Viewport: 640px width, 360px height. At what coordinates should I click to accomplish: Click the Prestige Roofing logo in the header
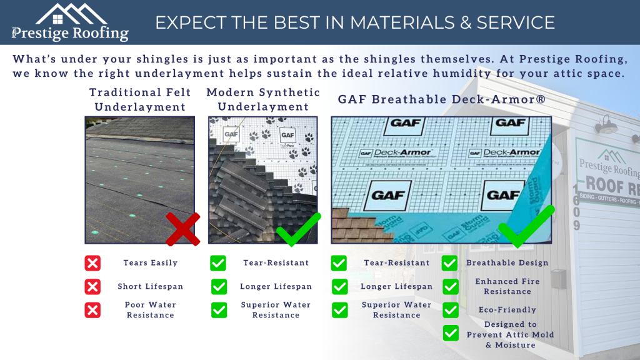(70, 22)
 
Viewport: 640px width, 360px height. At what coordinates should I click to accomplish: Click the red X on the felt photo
(183, 229)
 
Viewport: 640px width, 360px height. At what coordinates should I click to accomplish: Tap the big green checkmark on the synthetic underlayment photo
(298, 229)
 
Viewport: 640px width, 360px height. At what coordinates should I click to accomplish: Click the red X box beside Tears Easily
(92, 263)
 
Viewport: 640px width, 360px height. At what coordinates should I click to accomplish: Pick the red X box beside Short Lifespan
(92, 287)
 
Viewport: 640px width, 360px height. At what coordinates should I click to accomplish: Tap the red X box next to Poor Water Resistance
(92, 310)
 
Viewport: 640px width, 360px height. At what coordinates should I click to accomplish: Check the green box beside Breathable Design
(449, 263)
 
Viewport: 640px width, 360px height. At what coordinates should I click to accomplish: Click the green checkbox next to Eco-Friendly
(449, 310)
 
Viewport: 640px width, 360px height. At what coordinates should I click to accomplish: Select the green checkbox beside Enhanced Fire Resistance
(449, 287)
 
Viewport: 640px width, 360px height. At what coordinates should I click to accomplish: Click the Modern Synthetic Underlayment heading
(263, 99)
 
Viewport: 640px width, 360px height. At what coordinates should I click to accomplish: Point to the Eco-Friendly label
(507, 310)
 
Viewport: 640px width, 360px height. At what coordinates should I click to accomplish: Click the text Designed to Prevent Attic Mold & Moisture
(511, 335)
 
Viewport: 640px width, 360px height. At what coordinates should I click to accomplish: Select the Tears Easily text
(151, 263)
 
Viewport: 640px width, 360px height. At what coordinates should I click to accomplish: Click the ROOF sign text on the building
(605, 184)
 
